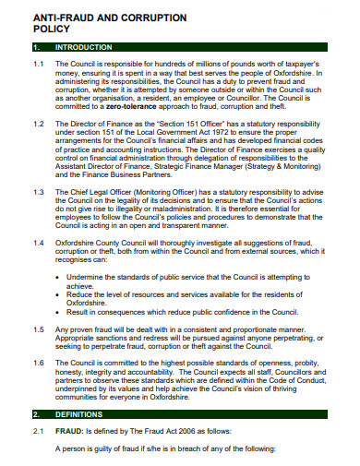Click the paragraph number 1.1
(x=38, y=65)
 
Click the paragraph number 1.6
(x=38, y=363)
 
